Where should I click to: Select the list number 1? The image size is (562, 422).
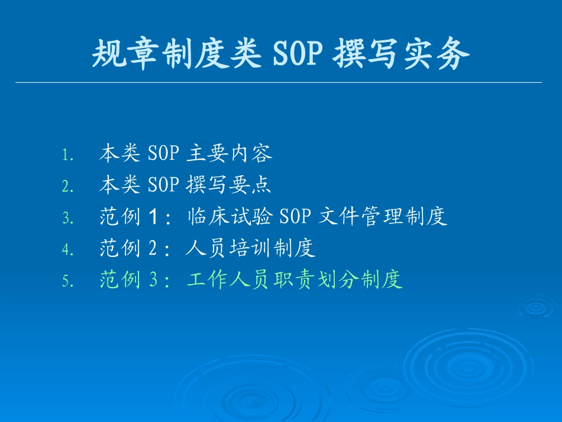(x=67, y=155)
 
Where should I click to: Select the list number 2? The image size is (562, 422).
(x=67, y=186)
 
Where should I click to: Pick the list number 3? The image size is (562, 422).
(x=67, y=218)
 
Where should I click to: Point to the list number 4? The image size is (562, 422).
(x=67, y=249)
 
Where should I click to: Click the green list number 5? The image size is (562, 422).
(x=67, y=281)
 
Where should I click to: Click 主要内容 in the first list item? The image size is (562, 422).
(x=229, y=154)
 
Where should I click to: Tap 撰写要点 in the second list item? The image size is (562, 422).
(x=229, y=185)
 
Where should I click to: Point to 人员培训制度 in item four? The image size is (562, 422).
(x=250, y=248)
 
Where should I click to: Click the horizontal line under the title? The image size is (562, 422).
(x=278, y=82)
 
